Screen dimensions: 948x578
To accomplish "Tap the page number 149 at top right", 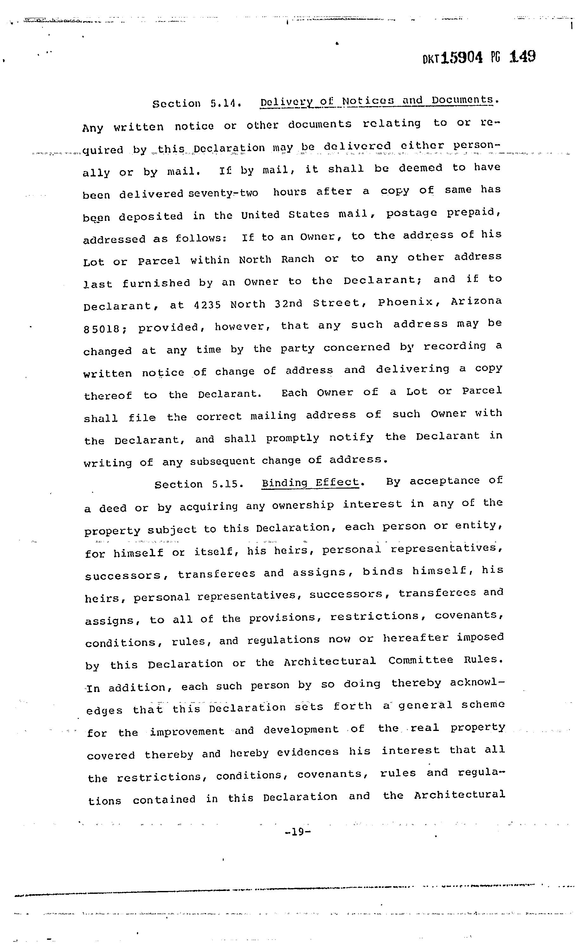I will [522, 57].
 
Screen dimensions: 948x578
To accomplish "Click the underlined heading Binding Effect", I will [310, 483].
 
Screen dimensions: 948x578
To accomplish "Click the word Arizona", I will [476, 301].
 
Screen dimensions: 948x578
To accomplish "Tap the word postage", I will [411, 213].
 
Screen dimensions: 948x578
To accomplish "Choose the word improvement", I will [187, 731].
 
